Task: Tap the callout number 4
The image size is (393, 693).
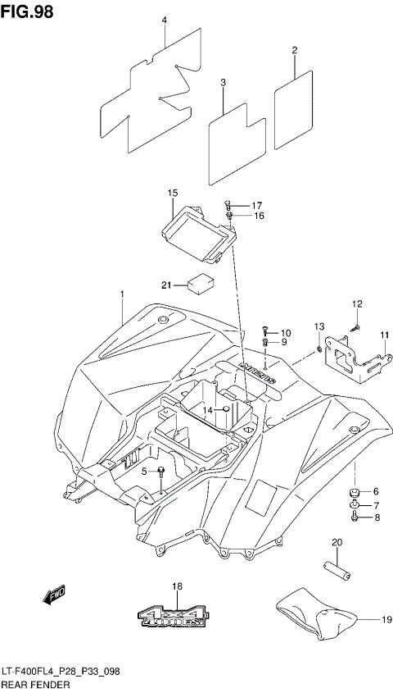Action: click(164, 20)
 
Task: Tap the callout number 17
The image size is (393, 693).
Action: click(256, 205)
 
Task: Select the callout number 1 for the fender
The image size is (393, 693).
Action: click(122, 294)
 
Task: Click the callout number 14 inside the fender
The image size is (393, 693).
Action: click(209, 409)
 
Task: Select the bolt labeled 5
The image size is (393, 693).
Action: click(162, 472)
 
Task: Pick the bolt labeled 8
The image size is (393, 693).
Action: click(354, 517)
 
